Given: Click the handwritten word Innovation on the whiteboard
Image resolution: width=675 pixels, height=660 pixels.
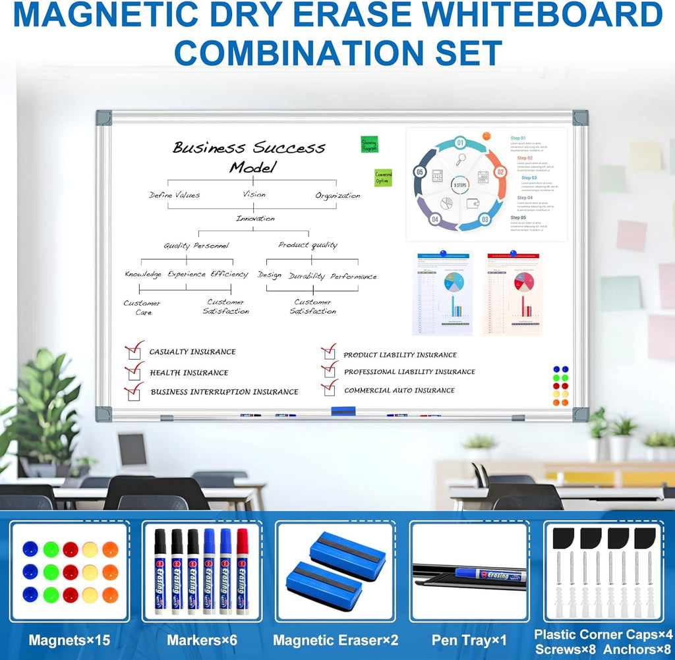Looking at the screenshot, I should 255,218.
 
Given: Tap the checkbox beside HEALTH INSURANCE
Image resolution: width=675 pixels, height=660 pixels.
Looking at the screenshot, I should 134,373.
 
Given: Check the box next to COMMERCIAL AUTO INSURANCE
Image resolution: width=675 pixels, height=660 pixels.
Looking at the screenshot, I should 329,390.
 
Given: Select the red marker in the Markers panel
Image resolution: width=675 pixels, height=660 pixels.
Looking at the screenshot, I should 242,570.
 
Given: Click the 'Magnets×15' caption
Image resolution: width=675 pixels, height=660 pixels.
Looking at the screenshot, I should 69,640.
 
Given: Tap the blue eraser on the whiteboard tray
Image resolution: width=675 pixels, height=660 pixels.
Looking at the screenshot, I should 343,411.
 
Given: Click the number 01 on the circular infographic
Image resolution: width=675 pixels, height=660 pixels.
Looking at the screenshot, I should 460,143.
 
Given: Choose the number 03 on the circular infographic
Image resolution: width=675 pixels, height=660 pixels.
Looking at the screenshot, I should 485,220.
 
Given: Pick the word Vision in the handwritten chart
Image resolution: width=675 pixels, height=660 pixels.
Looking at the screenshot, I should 254,194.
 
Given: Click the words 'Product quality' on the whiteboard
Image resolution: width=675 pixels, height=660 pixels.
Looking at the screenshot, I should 307,245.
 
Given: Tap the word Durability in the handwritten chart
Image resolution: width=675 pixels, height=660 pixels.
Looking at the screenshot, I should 307,277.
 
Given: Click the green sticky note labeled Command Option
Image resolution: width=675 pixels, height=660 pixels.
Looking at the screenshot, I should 383,177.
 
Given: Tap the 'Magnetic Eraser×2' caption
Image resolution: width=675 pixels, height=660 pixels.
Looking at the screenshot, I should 336,640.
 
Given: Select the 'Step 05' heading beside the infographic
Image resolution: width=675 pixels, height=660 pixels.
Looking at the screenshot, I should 518,217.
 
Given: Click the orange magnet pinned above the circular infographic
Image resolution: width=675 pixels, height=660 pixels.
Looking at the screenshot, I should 486,136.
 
